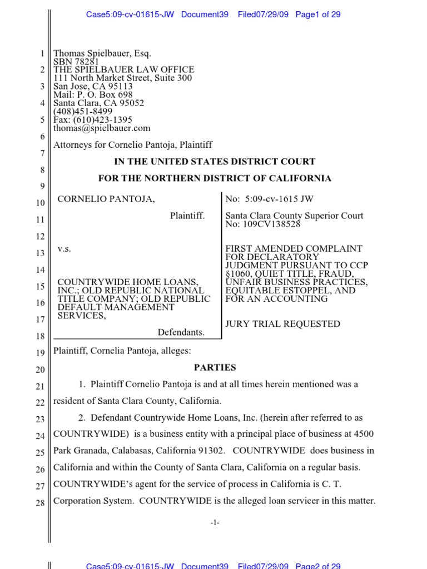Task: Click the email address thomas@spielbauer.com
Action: (x=102, y=128)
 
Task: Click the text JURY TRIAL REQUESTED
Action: (x=282, y=324)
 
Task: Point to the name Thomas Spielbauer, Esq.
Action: (x=102, y=54)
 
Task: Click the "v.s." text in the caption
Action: (x=64, y=249)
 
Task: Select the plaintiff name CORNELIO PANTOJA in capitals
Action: (x=103, y=199)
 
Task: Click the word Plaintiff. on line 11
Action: (x=187, y=216)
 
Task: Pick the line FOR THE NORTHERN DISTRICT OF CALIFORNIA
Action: (x=215, y=178)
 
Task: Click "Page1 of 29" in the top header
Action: (x=318, y=14)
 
